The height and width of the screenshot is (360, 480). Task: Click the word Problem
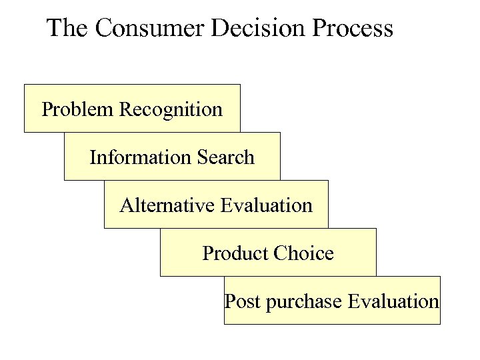(x=77, y=109)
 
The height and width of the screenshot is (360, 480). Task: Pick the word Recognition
(x=171, y=109)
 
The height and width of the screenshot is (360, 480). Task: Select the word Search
(x=226, y=157)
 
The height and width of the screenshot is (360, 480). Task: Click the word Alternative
(x=167, y=205)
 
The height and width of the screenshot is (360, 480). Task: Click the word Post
(x=243, y=301)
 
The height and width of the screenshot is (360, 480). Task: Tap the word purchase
(x=304, y=302)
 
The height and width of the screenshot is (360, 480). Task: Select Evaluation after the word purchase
(x=393, y=301)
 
